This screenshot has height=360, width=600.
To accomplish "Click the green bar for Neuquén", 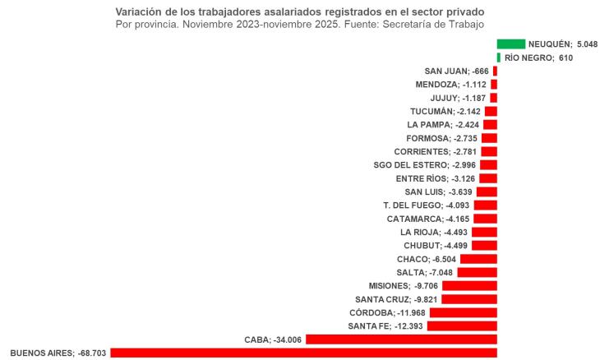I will click(x=510, y=44).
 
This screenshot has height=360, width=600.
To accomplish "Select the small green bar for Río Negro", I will click(x=499, y=58).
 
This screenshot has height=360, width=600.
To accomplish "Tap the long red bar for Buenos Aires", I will click(x=303, y=353).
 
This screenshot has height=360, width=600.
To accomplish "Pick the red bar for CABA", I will click(x=401, y=339).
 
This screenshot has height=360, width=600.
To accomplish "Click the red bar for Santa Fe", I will click(x=462, y=326).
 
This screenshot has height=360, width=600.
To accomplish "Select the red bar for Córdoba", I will click(x=463, y=312).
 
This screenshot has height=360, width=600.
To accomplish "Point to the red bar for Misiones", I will click(x=469, y=285).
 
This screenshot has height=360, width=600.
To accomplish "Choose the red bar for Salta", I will click(x=477, y=272).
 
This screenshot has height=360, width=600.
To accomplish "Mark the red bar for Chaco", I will click(x=478, y=259).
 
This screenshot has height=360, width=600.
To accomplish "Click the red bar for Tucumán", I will click(x=491, y=111).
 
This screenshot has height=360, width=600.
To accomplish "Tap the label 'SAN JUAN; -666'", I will click(x=456, y=72).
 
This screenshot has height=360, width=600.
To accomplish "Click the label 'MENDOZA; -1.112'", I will click(x=452, y=85).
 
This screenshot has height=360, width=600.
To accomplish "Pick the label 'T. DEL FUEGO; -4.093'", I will click(x=427, y=205).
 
